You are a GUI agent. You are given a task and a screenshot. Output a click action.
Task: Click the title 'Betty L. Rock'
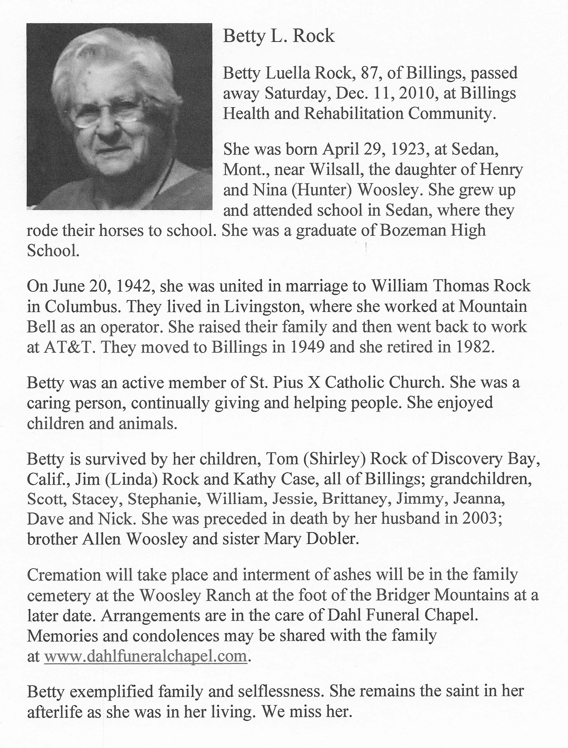(279, 36)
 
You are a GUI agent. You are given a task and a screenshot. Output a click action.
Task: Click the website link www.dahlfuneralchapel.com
(145, 656)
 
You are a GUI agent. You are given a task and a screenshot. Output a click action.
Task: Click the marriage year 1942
(133, 286)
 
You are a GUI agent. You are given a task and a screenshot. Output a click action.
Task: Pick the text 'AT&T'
(69, 347)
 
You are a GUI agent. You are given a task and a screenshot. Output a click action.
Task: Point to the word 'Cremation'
(64, 574)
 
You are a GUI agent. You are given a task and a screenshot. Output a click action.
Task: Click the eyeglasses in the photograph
(108, 117)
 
